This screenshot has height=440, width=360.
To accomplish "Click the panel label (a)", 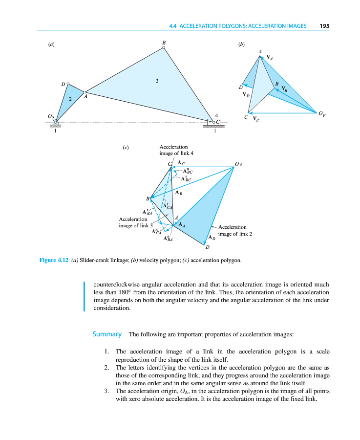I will pyautogui.click(x=51, y=44).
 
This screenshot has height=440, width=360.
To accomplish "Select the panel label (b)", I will pyautogui.click(x=241, y=44).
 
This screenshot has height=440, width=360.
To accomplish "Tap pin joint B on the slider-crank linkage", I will pyautogui.click(x=164, y=47).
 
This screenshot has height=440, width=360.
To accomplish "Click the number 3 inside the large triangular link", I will pyautogui.click(x=157, y=81).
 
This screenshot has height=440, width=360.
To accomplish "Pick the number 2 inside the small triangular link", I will pyautogui.click(x=70, y=99).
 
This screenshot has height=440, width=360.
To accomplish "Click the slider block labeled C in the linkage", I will pyautogui.click(x=215, y=122).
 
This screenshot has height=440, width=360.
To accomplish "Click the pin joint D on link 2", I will pyautogui.click(x=68, y=84).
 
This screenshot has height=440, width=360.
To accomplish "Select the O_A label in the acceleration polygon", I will pyautogui.click(x=238, y=164).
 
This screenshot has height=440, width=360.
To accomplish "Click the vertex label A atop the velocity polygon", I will pyautogui.click(x=260, y=52).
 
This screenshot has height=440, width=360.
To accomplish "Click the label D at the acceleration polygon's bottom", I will pyautogui.click(x=207, y=247).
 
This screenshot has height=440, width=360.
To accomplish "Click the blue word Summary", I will pyautogui.click(x=107, y=334).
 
